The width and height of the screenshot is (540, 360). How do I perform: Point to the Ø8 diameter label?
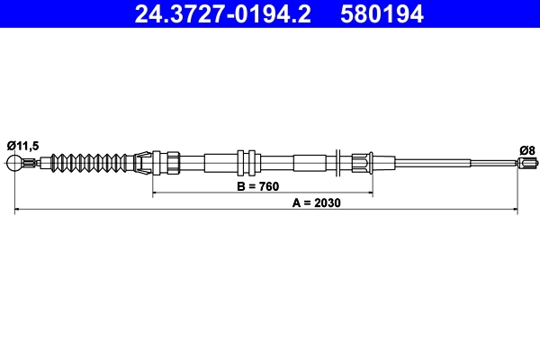(527, 148)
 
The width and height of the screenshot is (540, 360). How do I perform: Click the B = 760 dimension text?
(257, 186)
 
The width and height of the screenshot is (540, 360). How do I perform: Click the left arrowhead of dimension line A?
(18, 211)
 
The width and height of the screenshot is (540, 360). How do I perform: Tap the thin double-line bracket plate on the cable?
(336, 163)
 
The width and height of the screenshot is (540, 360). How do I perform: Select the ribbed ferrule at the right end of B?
(362, 163)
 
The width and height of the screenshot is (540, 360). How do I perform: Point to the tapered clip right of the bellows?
(140, 163)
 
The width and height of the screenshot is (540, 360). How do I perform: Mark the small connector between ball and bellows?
(32, 163)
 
